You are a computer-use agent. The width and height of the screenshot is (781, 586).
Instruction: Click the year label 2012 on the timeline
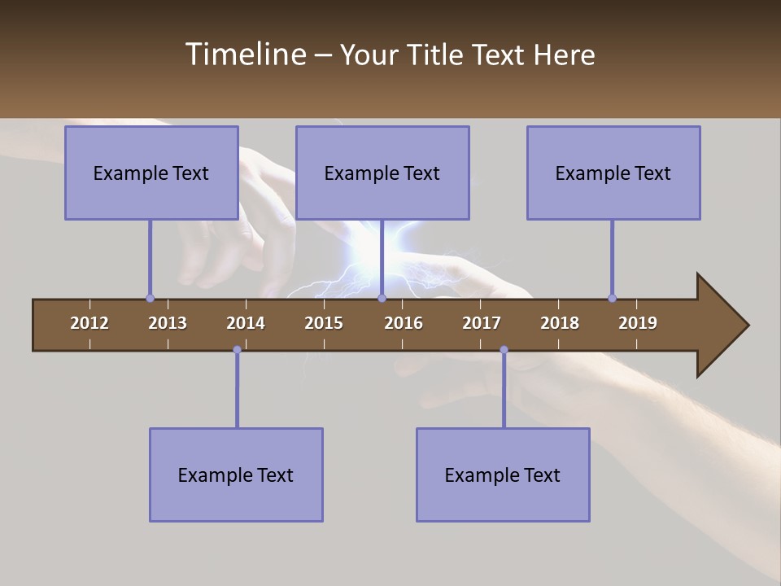[x=89, y=323]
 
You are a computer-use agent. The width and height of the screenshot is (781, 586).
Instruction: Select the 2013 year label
[x=168, y=323]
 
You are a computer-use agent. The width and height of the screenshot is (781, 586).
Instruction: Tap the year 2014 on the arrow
[x=246, y=323]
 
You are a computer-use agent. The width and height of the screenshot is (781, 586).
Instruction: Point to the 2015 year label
[x=324, y=323]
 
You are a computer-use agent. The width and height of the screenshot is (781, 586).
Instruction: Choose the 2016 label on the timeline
[x=404, y=323]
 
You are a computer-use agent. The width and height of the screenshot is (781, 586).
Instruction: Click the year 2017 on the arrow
[x=482, y=323]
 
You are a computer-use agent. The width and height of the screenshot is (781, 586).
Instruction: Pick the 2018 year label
[x=560, y=323]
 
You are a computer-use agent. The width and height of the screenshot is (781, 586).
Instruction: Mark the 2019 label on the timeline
[x=638, y=323]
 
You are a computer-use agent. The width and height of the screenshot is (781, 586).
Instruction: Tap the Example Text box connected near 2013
[x=151, y=173]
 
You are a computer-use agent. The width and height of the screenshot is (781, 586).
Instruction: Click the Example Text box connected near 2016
[x=382, y=173]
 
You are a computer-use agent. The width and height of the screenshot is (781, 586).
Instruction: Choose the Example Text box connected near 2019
[x=613, y=173]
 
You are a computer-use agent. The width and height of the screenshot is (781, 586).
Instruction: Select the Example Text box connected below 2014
[x=236, y=474]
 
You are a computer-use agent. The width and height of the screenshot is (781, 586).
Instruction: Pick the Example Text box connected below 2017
[x=503, y=474]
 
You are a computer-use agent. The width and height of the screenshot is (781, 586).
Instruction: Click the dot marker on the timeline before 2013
[x=150, y=299]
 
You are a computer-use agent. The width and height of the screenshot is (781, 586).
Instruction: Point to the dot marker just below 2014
[x=237, y=350]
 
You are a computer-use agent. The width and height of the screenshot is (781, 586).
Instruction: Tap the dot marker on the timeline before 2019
[x=612, y=299]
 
